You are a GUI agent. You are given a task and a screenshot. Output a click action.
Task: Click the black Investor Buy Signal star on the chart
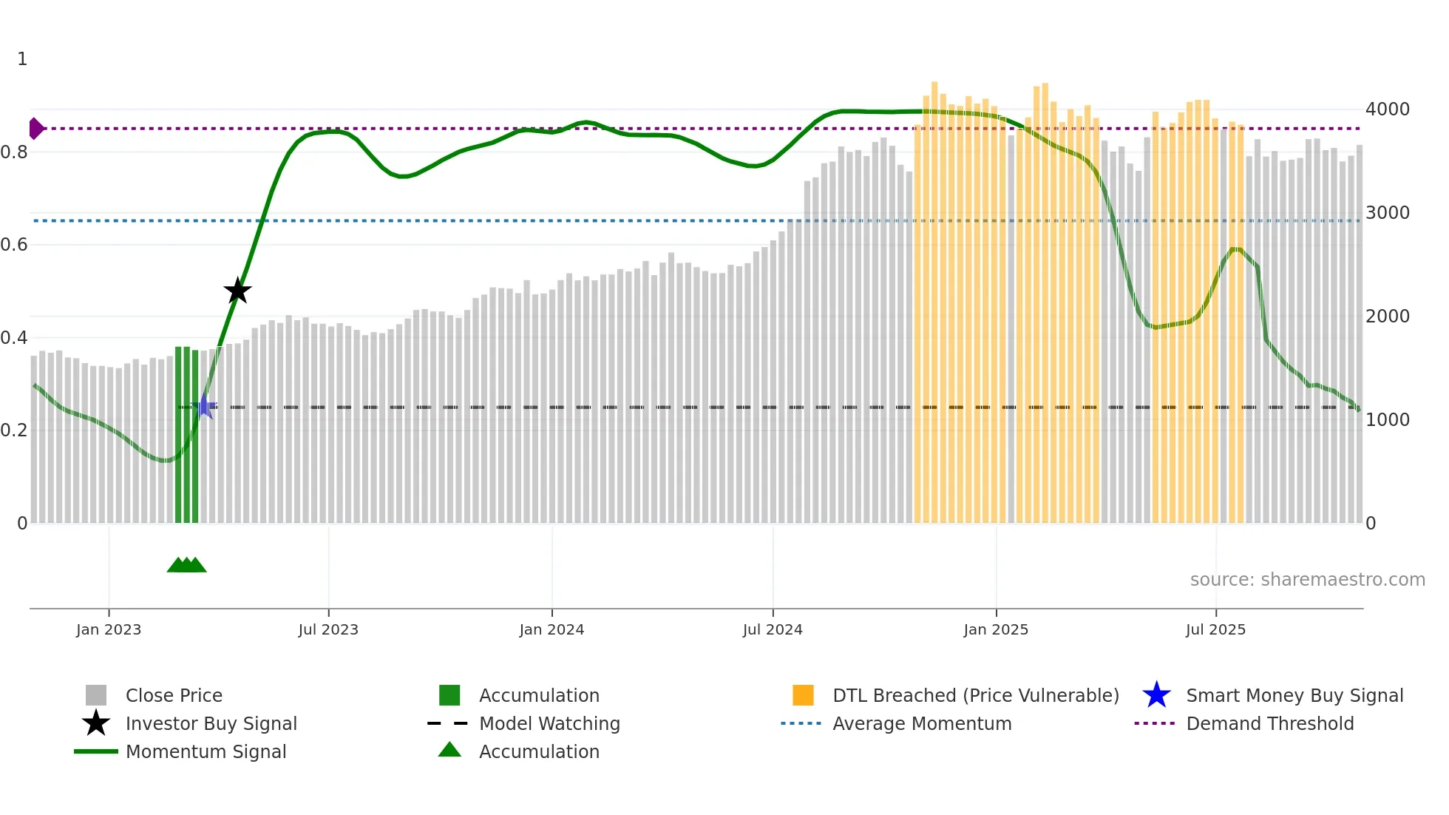tap(237, 291)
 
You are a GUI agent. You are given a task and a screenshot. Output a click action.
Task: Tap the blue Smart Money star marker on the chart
tap(204, 407)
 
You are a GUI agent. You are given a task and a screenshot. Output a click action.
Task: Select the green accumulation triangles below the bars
tap(186, 565)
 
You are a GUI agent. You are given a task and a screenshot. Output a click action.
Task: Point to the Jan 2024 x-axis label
tap(552, 630)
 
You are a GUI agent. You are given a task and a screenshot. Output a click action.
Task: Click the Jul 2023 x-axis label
tap(328, 630)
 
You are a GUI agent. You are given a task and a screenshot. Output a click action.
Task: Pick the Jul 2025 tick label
tap(1215, 630)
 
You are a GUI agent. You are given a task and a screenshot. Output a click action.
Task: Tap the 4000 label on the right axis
tap(1388, 109)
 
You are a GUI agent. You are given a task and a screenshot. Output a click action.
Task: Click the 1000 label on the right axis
tap(1388, 420)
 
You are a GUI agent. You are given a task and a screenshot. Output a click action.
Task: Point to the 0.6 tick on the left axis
tap(15, 245)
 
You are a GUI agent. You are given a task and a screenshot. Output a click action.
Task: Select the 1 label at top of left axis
tap(22, 59)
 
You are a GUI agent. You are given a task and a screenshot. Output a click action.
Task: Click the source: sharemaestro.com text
tap(1307, 580)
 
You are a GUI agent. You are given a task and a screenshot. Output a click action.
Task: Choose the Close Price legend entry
tap(174, 696)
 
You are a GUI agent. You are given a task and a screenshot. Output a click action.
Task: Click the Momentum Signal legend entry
tap(206, 752)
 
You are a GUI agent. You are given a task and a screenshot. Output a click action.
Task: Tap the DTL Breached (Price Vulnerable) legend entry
tap(975, 696)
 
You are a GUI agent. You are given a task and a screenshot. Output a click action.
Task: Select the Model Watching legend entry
tap(549, 724)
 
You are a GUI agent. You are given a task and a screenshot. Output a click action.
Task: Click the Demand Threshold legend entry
tap(1269, 724)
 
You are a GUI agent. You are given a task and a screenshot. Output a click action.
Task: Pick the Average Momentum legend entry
tap(922, 724)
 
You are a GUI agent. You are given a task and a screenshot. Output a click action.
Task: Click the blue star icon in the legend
tap(1156, 695)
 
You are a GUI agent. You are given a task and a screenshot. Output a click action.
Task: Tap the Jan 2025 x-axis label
tap(996, 630)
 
